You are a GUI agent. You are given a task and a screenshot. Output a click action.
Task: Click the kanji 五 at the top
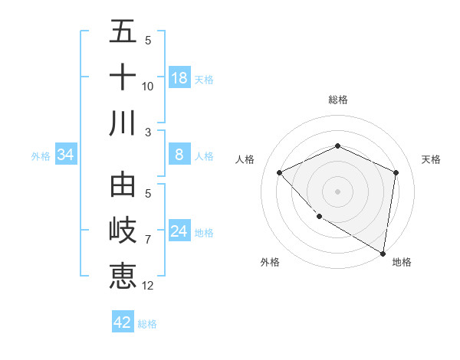tap(123, 33)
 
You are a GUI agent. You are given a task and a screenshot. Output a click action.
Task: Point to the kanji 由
tap(123, 186)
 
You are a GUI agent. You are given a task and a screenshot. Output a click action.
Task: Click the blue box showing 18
tap(179, 77)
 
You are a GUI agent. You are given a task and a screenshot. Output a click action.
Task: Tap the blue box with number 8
tap(179, 155)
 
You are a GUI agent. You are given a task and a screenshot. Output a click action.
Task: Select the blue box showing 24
tap(179, 231)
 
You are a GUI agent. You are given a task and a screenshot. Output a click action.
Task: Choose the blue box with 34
tap(66, 155)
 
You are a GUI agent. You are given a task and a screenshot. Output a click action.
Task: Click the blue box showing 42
tap(123, 322)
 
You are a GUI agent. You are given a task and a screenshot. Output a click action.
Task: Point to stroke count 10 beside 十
tap(148, 87)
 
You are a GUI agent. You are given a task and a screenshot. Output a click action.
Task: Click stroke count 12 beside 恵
tap(148, 286)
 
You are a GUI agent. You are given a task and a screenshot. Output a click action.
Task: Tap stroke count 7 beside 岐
tap(148, 240)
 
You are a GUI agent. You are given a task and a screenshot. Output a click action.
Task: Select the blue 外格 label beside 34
tap(41, 155)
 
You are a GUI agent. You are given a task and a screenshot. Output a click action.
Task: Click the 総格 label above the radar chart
tap(337, 100)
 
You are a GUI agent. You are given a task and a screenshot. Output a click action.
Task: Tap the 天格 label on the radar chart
tap(432, 159)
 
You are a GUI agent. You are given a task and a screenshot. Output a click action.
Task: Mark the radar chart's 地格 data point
tap(383, 254)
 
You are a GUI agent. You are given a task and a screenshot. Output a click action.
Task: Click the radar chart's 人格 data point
tap(280, 172)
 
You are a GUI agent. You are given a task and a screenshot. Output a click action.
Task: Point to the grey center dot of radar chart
tap(337, 191)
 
